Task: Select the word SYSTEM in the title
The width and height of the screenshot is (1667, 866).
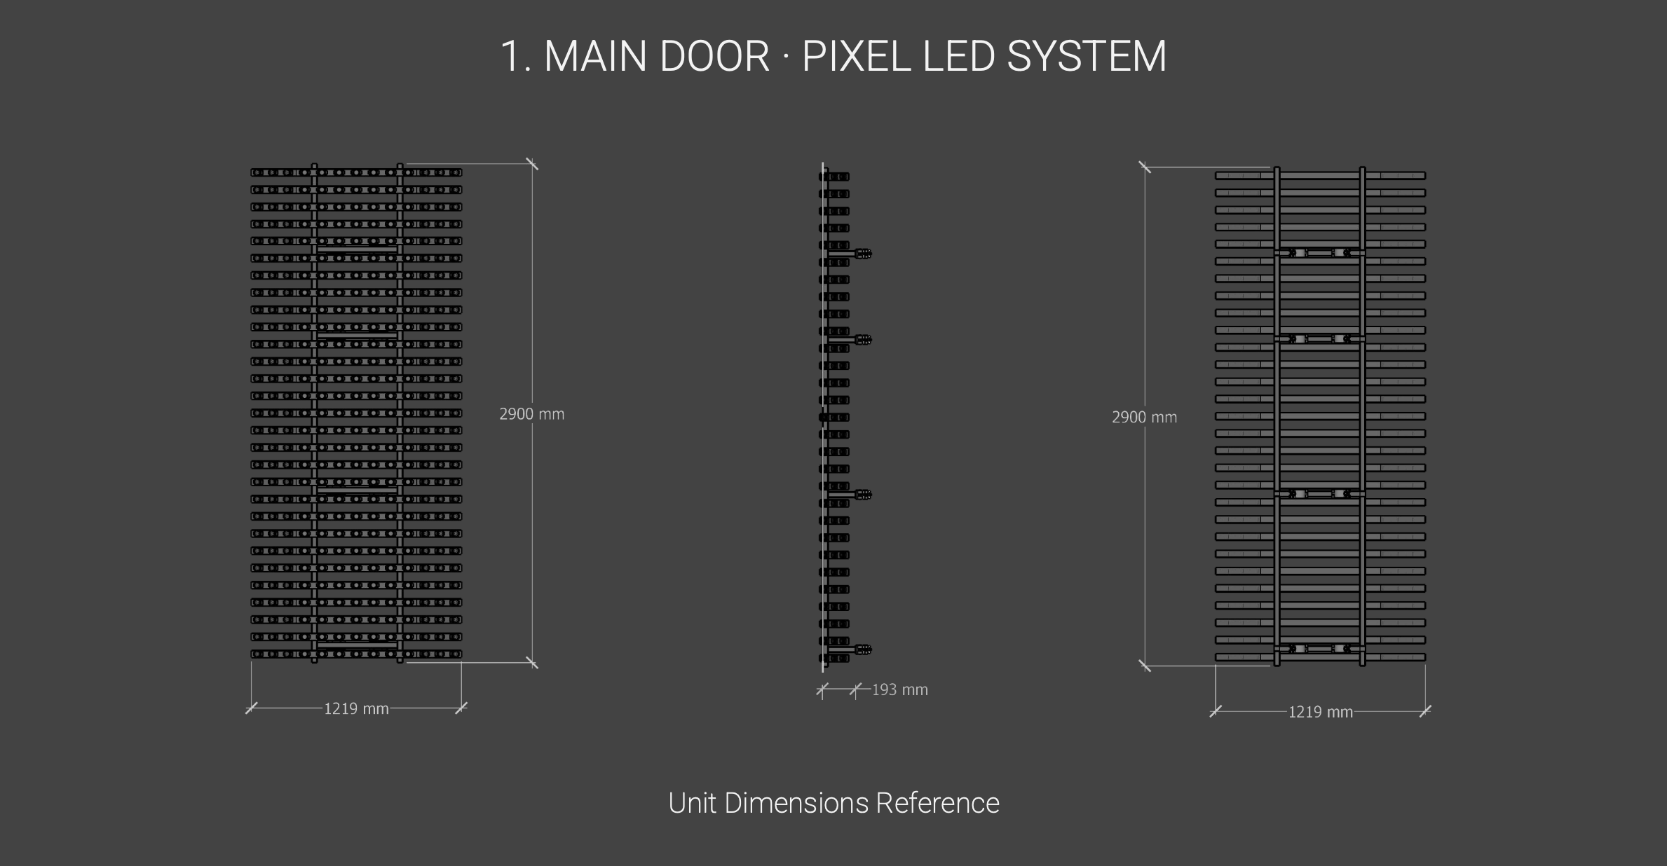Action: (x=1087, y=56)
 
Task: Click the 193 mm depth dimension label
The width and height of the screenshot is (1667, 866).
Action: (x=900, y=690)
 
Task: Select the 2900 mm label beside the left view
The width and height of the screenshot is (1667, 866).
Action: (x=531, y=414)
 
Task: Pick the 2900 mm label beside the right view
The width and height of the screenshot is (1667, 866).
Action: (x=1144, y=418)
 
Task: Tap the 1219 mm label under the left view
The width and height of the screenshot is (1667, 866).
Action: (x=356, y=709)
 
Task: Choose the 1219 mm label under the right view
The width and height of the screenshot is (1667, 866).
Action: (x=1321, y=713)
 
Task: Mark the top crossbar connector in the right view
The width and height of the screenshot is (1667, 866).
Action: (x=1319, y=252)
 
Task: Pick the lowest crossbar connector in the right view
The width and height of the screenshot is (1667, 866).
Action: (x=1319, y=649)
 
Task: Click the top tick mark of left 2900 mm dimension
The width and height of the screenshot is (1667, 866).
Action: (x=532, y=164)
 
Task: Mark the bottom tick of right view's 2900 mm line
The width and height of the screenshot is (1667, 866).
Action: (x=1145, y=666)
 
